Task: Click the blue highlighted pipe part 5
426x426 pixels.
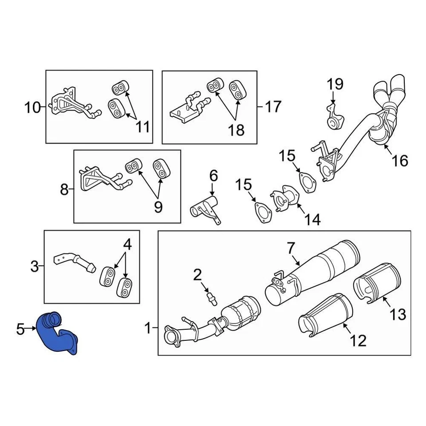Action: [58, 335]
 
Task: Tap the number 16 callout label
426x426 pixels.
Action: [400, 160]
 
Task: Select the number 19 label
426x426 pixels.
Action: [335, 84]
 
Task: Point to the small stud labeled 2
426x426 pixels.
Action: [212, 297]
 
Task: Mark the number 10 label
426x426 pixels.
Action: [33, 107]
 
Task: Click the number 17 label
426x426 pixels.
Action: [273, 106]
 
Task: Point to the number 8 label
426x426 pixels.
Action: [64, 190]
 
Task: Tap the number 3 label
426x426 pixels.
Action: [35, 267]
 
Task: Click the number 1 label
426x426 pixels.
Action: [148, 329]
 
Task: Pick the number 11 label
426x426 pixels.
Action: [142, 127]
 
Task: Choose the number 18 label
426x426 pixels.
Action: [236, 130]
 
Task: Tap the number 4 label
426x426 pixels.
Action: [127, 244]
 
